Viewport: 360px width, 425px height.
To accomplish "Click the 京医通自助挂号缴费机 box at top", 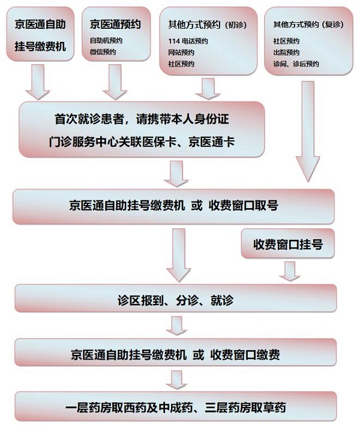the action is pyautogui.click(x=40, y=34).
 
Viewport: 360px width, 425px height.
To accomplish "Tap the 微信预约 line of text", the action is pyautogui.click(x=103, y=52).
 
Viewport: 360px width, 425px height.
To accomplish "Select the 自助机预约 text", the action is pyautogui.click(x=106, y=41).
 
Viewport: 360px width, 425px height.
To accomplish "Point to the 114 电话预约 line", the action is pyautogui.click(x=188, y=41).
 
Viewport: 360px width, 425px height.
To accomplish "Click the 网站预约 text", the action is pyautogui.click(x=181, y=53).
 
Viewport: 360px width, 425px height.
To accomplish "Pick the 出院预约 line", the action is pyautogui.click(x=286, y=53).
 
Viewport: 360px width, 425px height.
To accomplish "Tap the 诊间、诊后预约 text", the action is pyautogui.click(x=296, y=64).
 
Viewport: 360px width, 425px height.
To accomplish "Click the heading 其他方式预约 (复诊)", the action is pyautogui.click(x=308, y=25).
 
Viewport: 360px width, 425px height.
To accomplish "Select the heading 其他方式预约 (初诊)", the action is pyautogui.click(x=207, y=25).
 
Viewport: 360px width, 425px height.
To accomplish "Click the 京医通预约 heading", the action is pyautogui.click(x=115, y=24).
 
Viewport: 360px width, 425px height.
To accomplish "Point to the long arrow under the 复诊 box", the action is pyautogui.click(x=308, y=131).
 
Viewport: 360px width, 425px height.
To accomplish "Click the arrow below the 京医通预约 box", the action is pyautogui.click(x=115, y=82).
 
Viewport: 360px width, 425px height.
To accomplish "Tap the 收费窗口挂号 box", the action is pyautogui.click(x=288, y=243).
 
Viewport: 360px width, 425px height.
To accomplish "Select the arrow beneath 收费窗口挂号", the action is pyautogui.click(x=290, y=272).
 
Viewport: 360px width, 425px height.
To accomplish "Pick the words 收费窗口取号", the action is pyautogui.click(x=244, y=205).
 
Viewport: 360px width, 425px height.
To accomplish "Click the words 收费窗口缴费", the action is pyautogui.click(x=245, y=354).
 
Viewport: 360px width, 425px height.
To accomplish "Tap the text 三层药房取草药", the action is pyautogui.click(x=245, y=408).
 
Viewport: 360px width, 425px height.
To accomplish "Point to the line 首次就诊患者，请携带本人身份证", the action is pyautogui.click(x=142, y=119).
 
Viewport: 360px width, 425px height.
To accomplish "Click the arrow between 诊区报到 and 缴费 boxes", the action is pyautogui.click(x=176, y=325).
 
